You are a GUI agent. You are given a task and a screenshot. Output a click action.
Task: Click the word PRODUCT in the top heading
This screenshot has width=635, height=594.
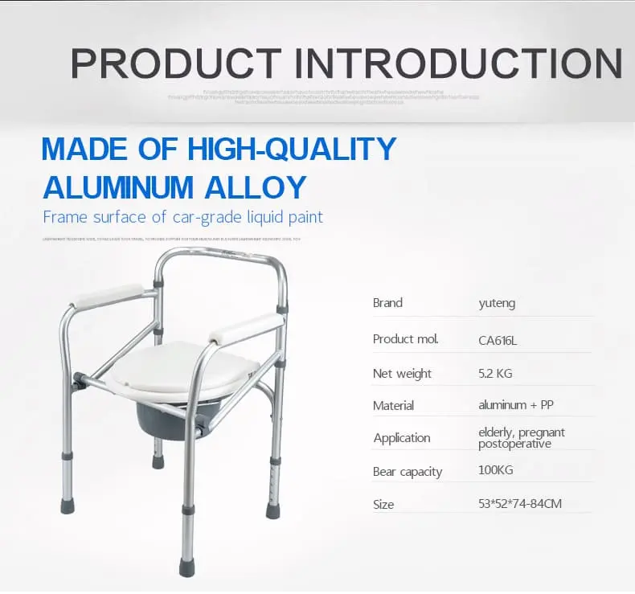[x=176, y=63]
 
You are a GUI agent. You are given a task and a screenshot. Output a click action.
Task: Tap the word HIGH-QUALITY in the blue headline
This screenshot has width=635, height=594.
[x=291, y=149]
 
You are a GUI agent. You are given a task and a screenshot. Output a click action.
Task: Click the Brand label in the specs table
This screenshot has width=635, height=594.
[x=387, y=303]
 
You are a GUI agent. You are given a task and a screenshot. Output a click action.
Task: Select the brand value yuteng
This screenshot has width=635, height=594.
[x=497, y=303]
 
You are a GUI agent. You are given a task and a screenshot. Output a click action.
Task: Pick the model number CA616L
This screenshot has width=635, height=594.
[x=498, y=339]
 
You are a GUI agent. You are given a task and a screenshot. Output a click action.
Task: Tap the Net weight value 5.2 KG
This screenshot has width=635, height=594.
[x=495, y=373]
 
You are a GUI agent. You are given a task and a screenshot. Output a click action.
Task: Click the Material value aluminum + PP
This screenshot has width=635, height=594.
[x=515, y=405]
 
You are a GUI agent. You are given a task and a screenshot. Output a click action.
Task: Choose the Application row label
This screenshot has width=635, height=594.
[x=401, y=438]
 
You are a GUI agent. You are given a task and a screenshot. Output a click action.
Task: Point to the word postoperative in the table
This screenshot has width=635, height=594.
[x=514, y=444]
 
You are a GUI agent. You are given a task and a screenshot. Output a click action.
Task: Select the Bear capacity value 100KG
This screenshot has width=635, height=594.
[x=495, y=470]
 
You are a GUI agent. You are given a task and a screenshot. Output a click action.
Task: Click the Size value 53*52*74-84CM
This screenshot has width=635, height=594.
[x=519, y=504]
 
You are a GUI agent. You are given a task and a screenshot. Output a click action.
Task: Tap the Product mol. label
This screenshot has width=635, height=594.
[x=405, y=338]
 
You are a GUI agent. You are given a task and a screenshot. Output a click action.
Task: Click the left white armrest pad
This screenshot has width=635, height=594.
[x=108, y=295]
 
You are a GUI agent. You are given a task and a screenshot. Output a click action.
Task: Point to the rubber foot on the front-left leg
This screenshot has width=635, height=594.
[x=68, y=506]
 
